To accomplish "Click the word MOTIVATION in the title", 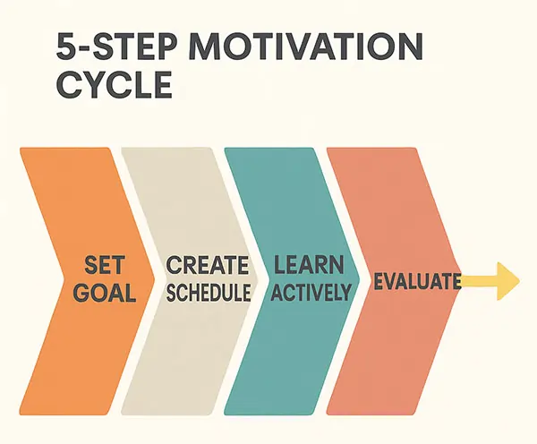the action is pos(305,47).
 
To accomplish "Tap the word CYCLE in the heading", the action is pos(114,85).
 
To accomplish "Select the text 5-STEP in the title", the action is pos(117,47).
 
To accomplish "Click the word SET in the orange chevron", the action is pos(104,265).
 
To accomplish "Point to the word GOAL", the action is pos(104,293).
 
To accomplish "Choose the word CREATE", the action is pos(208,265).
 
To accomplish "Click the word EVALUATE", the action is pos(417,281).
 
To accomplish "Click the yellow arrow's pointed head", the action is pos(519,281).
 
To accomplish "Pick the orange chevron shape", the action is pos(87,281).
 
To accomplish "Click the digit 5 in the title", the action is pos(65,47).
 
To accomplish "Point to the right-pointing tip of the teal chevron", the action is pos(360,278).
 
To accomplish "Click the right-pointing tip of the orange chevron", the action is pos(154,278).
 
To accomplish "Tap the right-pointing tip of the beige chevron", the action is pos(257,278).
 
